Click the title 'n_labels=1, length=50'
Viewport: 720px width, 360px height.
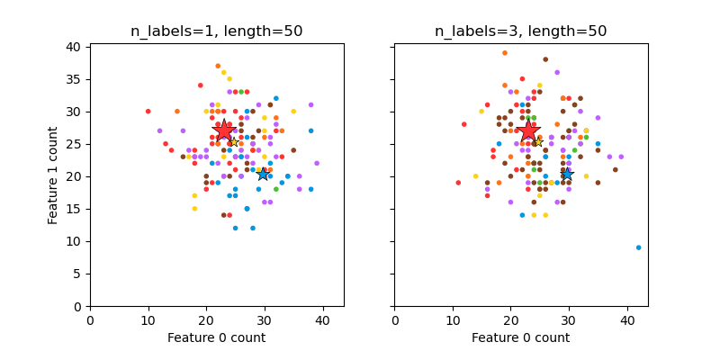tap(216, 31)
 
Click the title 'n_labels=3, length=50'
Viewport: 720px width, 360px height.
tap(520, 31)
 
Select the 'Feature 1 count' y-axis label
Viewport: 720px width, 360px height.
tap(54, 176)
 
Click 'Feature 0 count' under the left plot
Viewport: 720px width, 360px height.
tap(216, 337)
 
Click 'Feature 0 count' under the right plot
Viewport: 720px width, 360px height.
tap(520, 337)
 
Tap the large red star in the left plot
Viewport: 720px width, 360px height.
tap(224, 130)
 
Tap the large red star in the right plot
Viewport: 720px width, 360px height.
tap(528, 130)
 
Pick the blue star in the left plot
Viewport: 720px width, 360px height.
tap(263, 174)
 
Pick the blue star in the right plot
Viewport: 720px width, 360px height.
tap(567, 174)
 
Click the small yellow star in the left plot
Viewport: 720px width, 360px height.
tap(233, 141)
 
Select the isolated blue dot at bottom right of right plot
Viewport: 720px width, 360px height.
tap(638, 247)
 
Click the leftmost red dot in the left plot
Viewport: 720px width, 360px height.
tap(148, 112)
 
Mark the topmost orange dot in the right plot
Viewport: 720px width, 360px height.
tap(504, 53)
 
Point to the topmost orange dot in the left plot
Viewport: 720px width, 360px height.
tap(218, 66)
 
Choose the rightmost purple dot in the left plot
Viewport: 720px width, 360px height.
tap(317, 163)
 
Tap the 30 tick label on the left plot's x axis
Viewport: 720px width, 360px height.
tap(264, 319)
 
